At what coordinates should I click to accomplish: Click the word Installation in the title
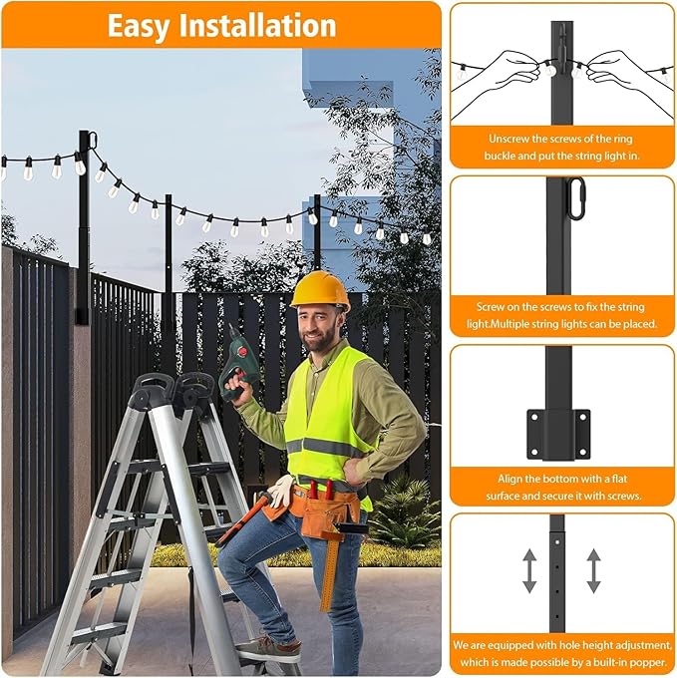coord(258,25)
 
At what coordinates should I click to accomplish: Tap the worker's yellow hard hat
coord(320,290)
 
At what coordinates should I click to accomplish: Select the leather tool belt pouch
coord(319,508)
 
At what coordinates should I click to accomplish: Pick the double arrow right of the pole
coord(593,571)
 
